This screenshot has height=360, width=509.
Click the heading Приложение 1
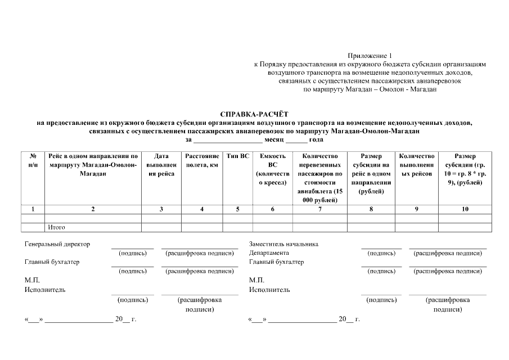coord(369,56)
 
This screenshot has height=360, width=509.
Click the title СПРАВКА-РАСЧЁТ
coord(255,114)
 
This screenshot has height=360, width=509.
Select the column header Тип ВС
coord(238,156)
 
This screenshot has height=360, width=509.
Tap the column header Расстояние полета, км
coord(202,160)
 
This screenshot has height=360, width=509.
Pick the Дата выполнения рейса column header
coord(161,165)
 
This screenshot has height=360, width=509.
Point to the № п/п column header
coord(33,160)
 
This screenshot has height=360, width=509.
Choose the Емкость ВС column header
coord(273,169)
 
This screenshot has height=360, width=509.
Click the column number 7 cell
coord(319,209)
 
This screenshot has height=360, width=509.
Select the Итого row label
coord(57,227)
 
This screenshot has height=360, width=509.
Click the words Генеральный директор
coord(57,244)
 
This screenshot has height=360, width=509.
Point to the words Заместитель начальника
coord(283,244)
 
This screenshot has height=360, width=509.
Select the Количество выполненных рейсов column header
coord(417,165)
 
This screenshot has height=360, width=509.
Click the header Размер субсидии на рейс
coord(371,174)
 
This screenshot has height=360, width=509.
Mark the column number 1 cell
coord(33,209)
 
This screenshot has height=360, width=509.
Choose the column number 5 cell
coord(238,209)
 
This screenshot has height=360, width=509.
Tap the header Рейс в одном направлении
coord(93,165)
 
